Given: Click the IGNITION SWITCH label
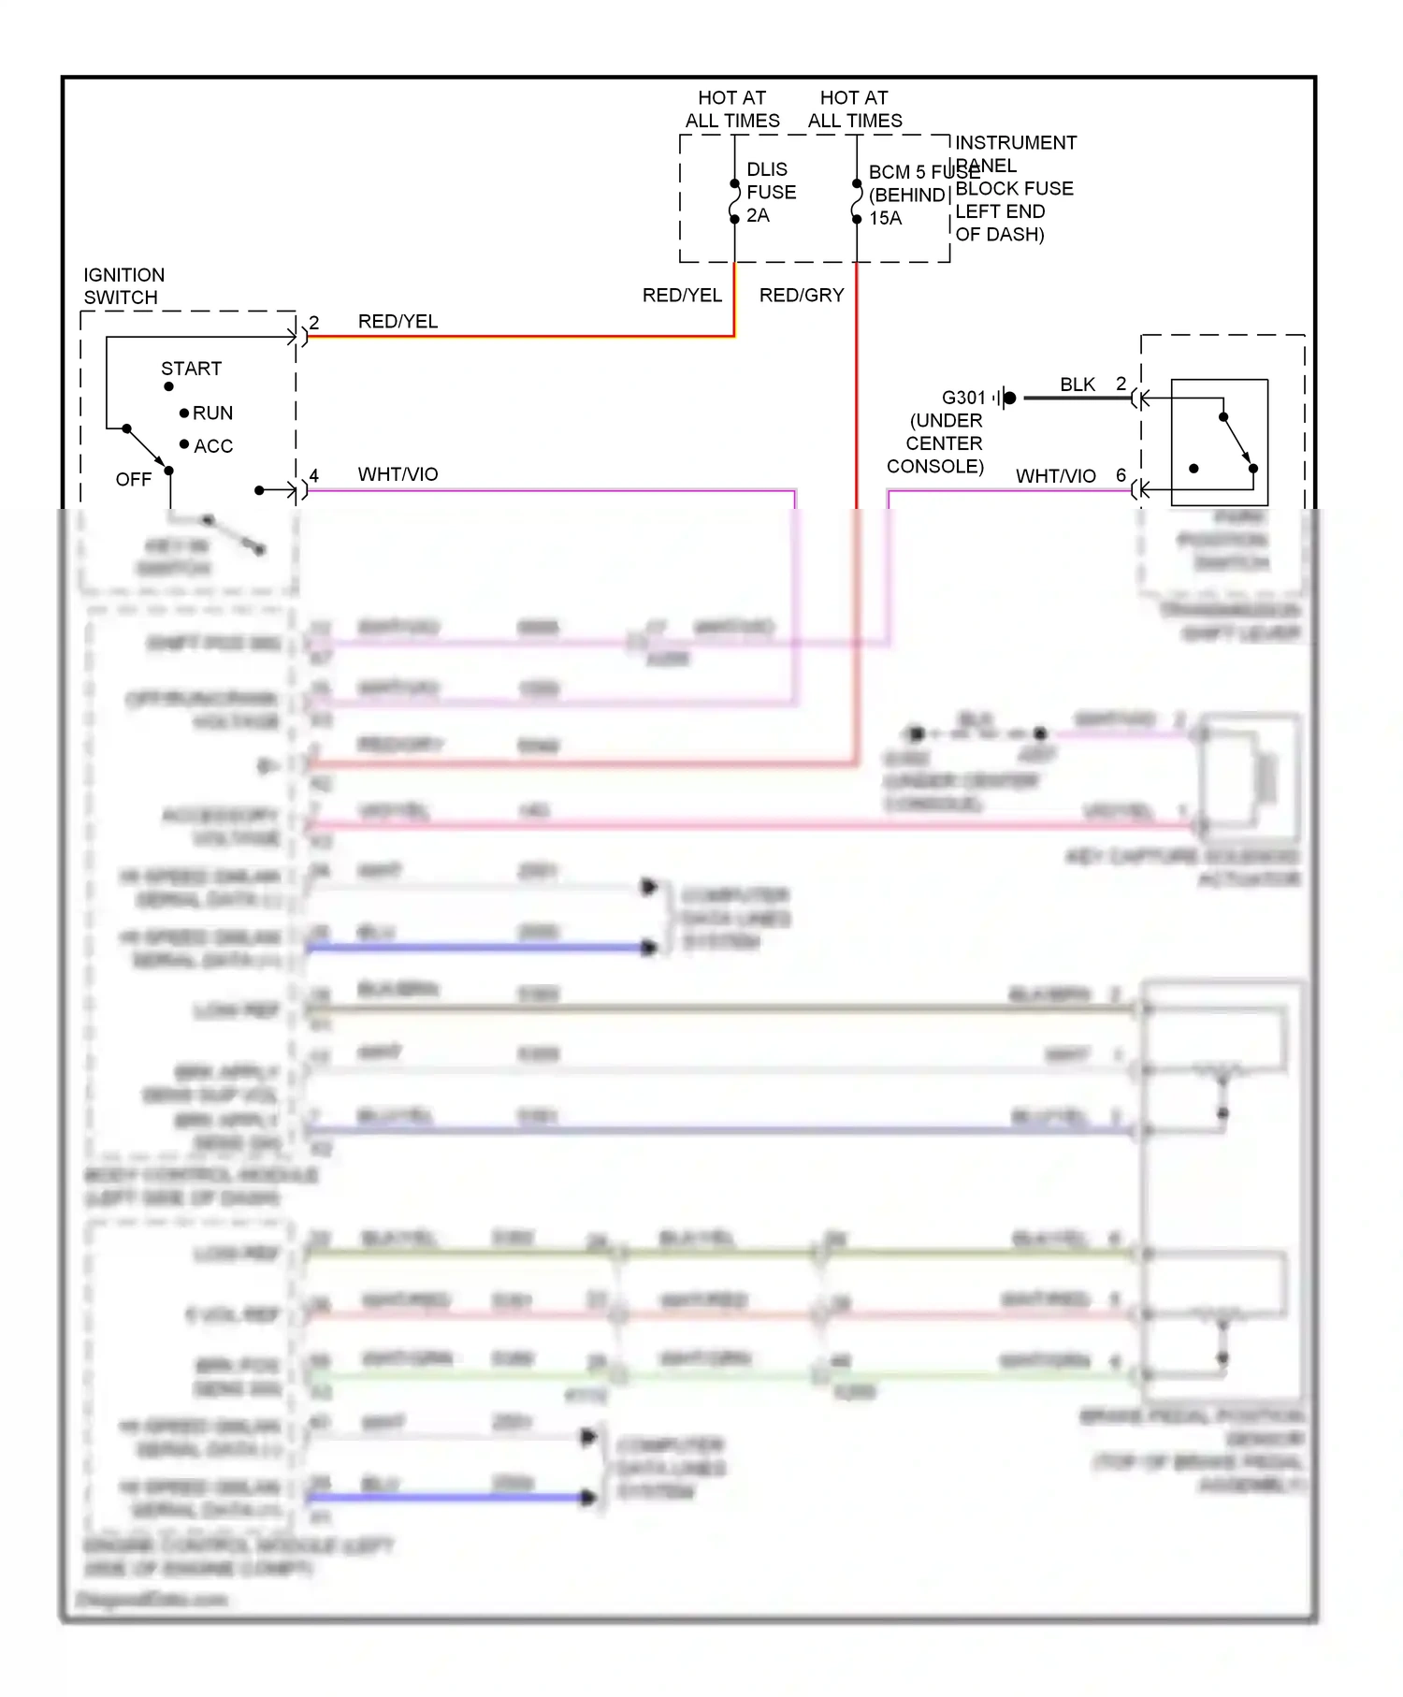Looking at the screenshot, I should (123, 286).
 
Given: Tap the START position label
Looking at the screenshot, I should (191, 369).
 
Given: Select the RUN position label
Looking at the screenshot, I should (212, 413).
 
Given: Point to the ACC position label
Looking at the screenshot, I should (213, 446).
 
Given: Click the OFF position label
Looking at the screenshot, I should (133, 480).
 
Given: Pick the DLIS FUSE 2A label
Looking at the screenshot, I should (771, 193).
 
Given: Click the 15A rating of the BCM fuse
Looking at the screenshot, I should (885, 219).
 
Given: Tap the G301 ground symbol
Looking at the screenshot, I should (1005, 399).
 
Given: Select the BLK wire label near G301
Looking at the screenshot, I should (1078, 384).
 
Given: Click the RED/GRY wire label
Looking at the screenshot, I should (802, 296).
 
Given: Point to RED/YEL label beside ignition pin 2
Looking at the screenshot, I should (398, 322).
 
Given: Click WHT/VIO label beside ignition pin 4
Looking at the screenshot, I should (398, 475).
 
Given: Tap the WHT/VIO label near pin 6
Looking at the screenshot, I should (1055, 477).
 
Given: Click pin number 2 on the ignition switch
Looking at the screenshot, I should (314, 323).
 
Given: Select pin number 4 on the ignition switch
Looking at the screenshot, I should (314, 476).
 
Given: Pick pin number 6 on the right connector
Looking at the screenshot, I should (1121, 475).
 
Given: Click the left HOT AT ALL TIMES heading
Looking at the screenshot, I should (732, 109).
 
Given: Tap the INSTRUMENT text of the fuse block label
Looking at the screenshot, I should (1015, 143).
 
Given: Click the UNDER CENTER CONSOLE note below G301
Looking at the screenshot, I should (939, 444).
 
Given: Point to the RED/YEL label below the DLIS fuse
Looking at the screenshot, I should (682, 296).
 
